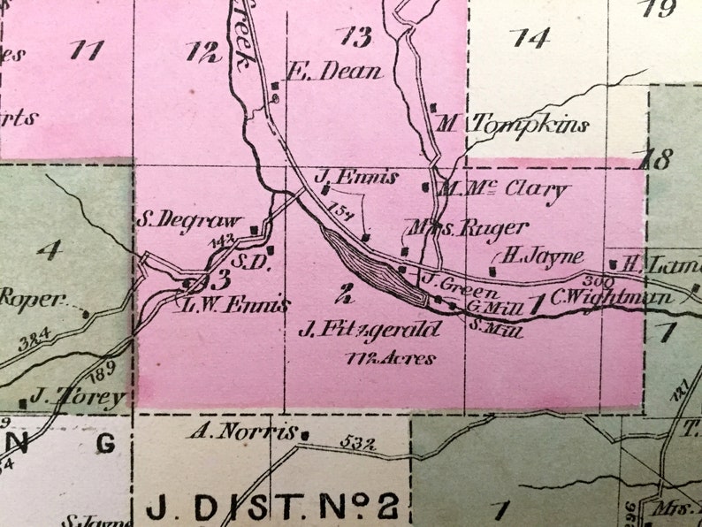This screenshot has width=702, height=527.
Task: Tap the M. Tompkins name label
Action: click(x=513, y=125)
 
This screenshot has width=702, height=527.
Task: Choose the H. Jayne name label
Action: click(x=543, y=256)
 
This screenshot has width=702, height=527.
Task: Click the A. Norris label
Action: click(x=241, y=432)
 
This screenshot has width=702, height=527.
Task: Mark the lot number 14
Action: click(x=530, y=37)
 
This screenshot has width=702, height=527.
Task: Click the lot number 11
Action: click(x=86, y=50)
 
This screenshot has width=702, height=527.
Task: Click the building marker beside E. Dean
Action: click(x=276, y=86)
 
